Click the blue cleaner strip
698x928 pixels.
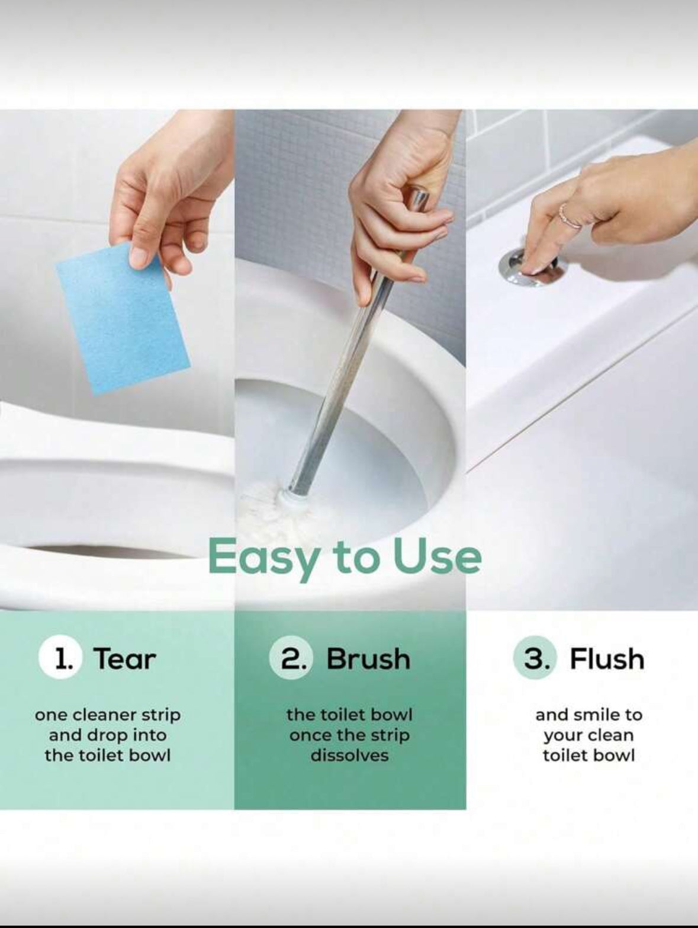point(123,319)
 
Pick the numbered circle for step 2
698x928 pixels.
point(291,658)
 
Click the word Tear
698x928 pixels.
point(126,659)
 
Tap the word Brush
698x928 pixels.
point(368,659)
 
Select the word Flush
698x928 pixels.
point(607,659)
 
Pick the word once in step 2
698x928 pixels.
point(310,735)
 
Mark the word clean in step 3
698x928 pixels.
point(612,735)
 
